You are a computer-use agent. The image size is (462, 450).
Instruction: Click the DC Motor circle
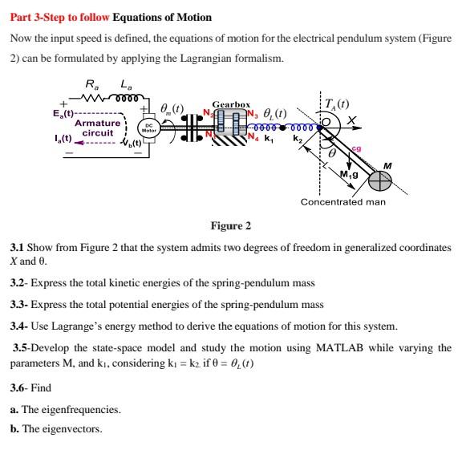click(148, 128)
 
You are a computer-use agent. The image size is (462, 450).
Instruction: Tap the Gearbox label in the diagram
click(231, 104)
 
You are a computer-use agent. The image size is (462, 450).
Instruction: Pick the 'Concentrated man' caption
click(343, 202)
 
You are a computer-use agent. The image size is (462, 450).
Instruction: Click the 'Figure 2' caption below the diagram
click(230, 225)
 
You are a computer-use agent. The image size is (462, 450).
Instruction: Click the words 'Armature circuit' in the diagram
click(97, 128)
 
